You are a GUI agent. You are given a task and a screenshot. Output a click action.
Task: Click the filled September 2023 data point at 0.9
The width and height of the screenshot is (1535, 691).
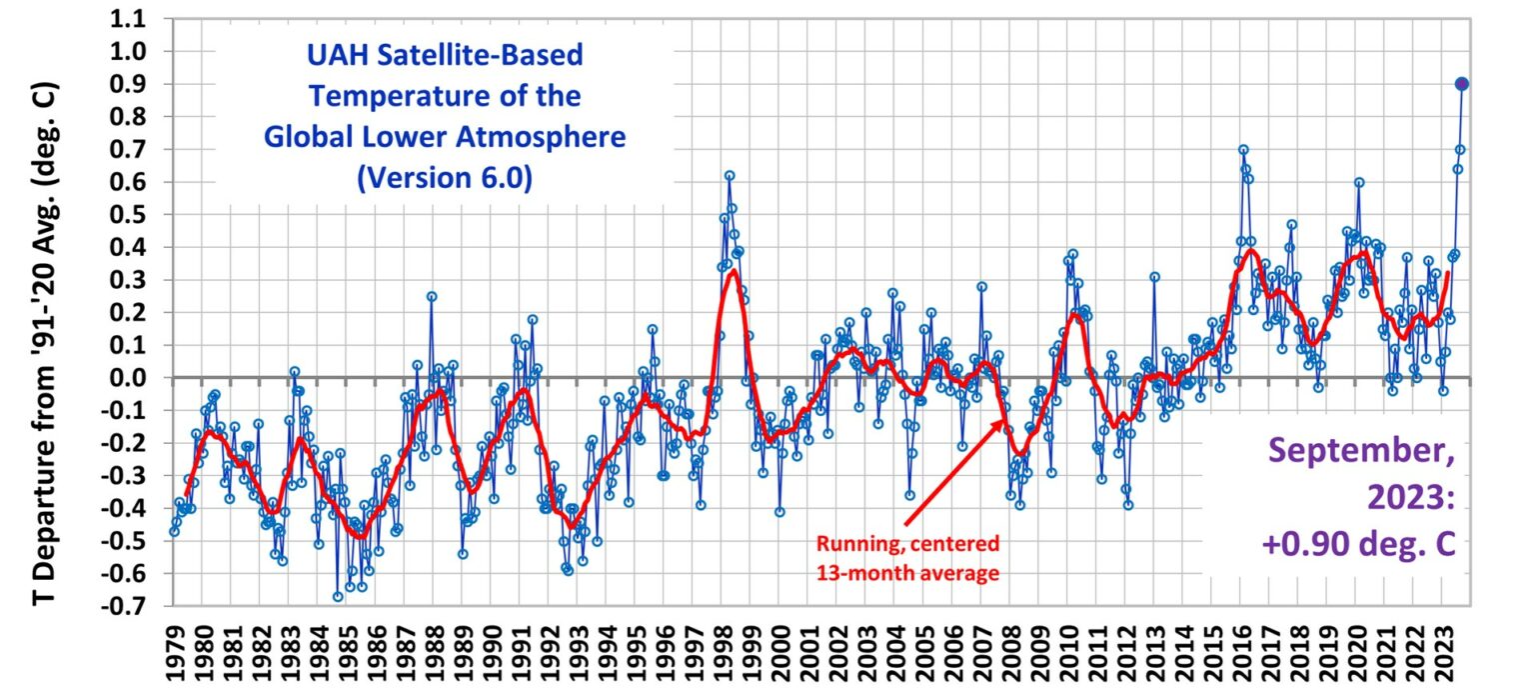[x=1461, y=84]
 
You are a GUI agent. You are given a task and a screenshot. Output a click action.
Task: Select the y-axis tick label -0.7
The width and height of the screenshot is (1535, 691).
[x=126, y=607]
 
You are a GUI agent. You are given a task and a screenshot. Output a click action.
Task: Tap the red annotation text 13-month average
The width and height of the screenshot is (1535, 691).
[x=907, y=573]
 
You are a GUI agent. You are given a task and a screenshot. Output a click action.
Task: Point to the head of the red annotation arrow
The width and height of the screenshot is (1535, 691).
[x=1004, y=423]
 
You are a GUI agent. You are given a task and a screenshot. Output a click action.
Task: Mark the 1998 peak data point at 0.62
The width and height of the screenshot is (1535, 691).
[x=730, y=175]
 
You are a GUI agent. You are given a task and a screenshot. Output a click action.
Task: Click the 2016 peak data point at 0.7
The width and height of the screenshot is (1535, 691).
[x=1243, y=150]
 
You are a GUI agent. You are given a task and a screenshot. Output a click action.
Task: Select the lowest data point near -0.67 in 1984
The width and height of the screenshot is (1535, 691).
[x=338, y=597]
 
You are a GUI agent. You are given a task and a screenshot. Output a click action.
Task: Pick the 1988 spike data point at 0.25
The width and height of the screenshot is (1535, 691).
[x=432, y=296]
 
